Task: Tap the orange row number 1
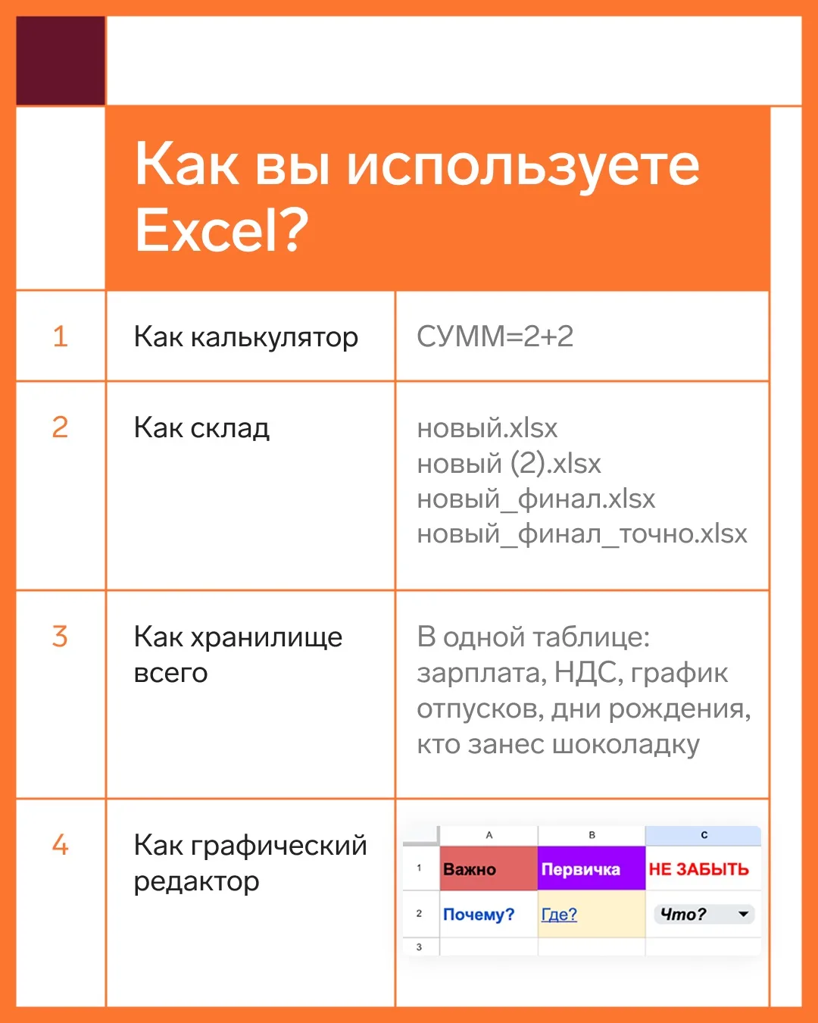point(61,337)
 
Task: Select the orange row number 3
point(60,636)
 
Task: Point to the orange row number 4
point(61,845)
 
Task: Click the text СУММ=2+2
point(495,336)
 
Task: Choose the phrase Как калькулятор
point(245,337)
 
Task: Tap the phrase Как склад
point(201,428)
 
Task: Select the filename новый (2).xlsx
point(508,464)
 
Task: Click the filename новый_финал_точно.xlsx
point(582,533)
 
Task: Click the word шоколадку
point(626,744)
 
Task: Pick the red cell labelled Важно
point(489,869)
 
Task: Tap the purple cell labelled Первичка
point(592,869)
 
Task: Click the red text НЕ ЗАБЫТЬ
point(698,869)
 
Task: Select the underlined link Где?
point(559,914)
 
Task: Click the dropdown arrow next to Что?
point(743,914)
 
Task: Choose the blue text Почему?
point(479,914)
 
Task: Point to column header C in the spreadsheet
point(704,835)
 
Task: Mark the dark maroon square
point(61,61)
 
